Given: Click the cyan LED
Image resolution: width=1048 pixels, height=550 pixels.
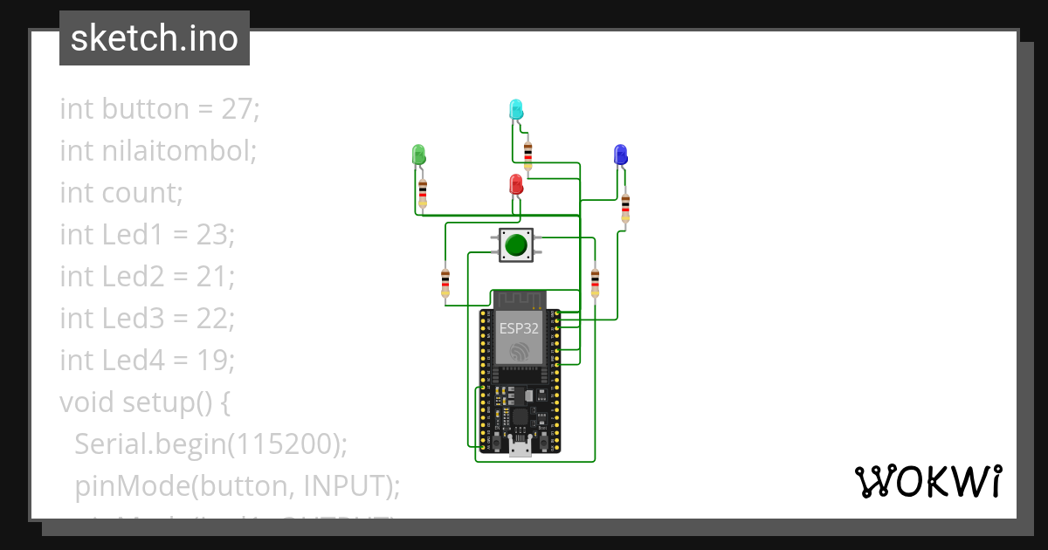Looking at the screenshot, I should pos(516,109).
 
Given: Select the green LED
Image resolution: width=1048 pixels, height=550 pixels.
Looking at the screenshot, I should pos(418,155).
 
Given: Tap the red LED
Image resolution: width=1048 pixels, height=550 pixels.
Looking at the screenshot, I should pos(516,184).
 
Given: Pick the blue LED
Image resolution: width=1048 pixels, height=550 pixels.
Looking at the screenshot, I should pos(620,155).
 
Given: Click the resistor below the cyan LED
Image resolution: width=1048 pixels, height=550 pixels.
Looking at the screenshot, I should pos(527,155).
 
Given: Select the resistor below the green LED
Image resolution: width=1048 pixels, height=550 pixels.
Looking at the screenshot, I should pos(423,191).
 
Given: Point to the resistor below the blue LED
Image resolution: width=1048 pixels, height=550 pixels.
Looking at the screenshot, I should pos(625,208).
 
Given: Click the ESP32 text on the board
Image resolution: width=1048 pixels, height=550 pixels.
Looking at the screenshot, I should pos(519,328).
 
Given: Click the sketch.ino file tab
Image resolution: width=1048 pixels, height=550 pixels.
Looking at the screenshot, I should pos(155,38).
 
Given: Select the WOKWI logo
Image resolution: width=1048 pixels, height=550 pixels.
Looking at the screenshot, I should pos(927,481).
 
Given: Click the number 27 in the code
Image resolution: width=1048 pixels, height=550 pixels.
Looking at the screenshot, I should pos(241,109).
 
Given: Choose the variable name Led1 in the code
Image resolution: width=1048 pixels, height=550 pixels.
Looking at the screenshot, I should pos(129,235).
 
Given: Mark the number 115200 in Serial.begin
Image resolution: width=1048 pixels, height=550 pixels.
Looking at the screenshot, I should pos(282,443).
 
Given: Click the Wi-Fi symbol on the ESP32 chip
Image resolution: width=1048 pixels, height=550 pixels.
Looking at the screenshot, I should pos(520,351).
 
